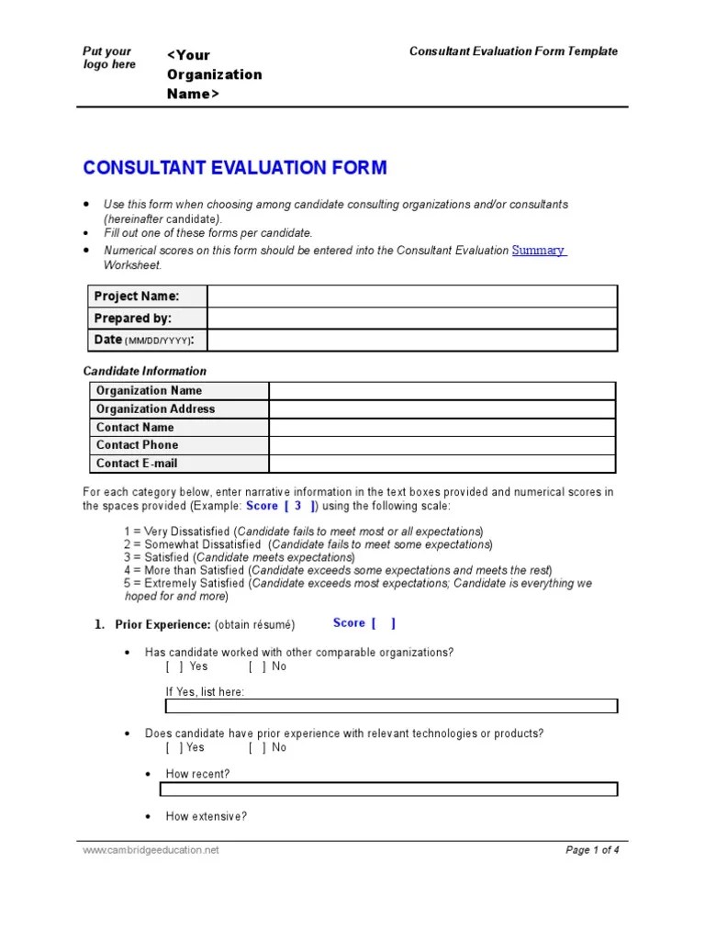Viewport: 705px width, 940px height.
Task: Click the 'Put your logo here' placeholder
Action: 108,58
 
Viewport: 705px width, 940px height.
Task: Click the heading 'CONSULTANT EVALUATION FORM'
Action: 235,168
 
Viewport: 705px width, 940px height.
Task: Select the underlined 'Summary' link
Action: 538,250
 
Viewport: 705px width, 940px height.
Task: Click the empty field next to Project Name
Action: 411,296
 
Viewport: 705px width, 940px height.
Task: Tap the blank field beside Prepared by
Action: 411,318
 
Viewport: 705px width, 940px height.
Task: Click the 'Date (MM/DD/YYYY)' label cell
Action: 148,340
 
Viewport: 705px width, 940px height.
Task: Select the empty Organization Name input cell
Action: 442,391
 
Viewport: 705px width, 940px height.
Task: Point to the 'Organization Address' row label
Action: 155,409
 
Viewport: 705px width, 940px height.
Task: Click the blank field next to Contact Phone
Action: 442,445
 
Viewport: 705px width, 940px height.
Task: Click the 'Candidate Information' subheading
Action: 145,371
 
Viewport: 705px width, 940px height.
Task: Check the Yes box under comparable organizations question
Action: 174,666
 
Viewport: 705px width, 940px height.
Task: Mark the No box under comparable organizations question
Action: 257,666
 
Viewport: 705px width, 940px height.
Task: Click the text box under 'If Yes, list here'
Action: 391,706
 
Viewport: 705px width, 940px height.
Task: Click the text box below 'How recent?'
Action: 388,789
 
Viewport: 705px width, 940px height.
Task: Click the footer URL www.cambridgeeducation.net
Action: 151,850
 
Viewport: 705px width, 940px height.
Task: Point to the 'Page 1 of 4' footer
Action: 592,850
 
